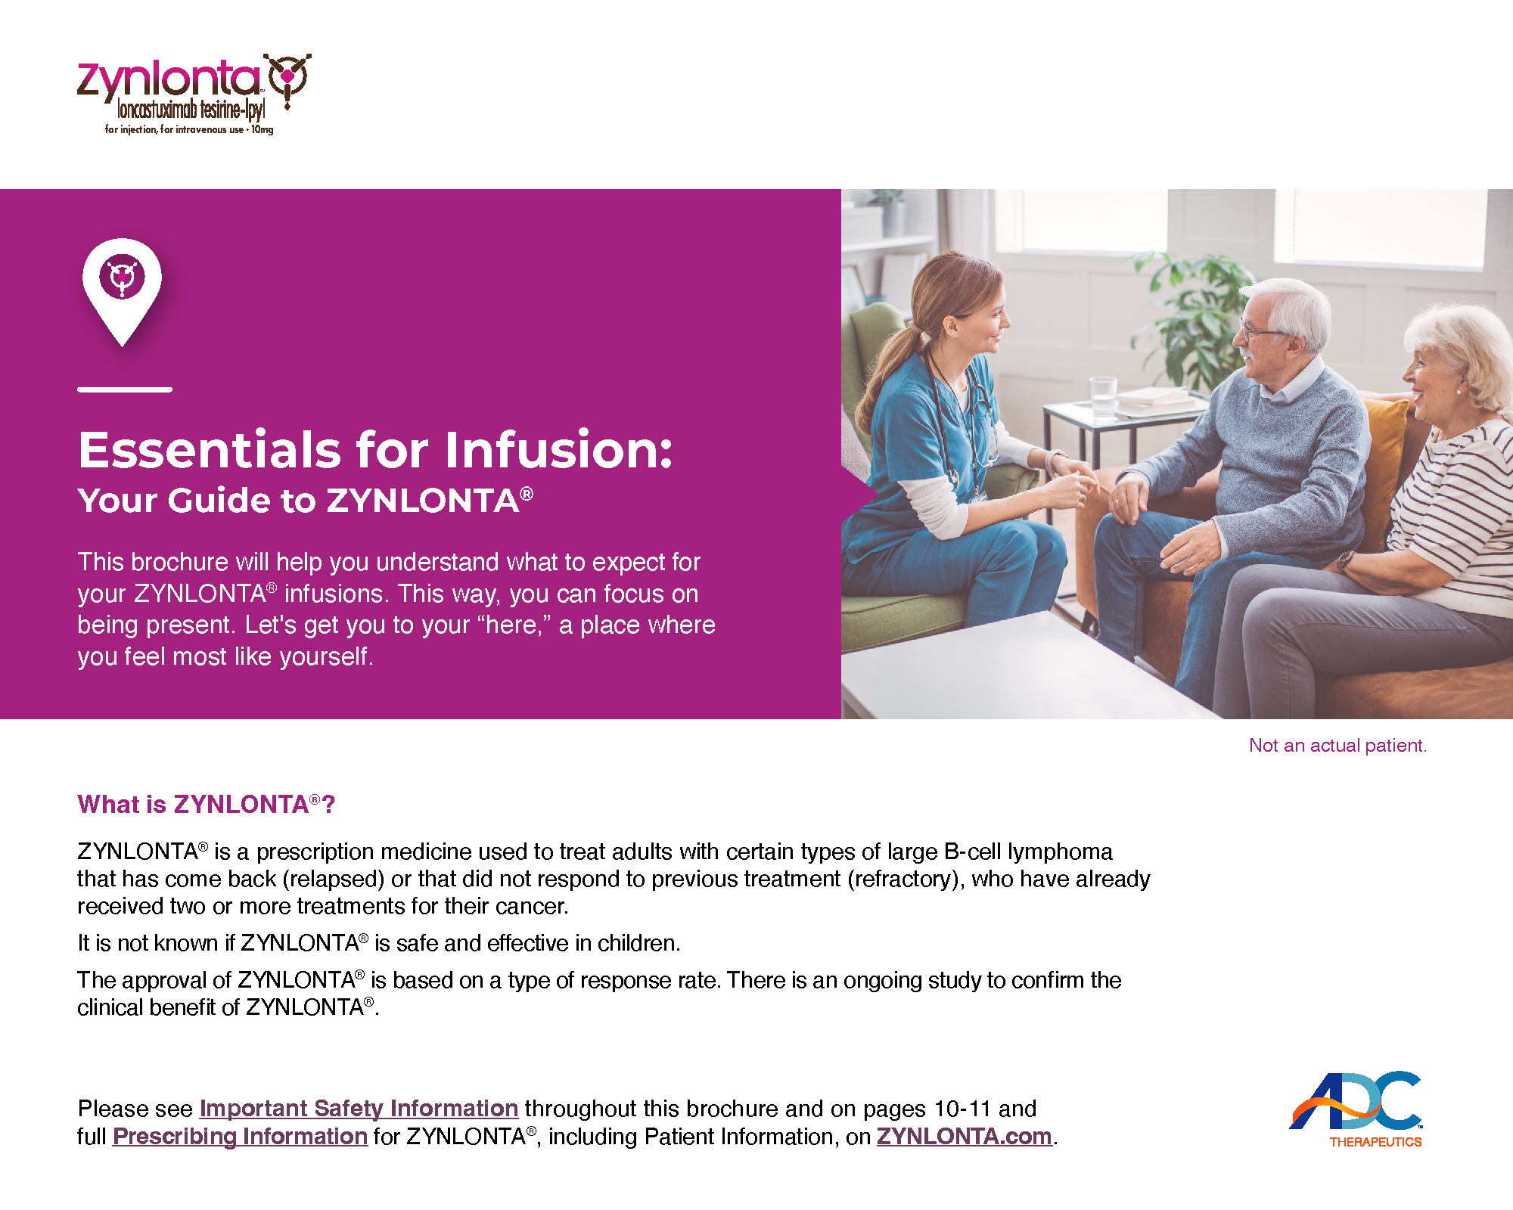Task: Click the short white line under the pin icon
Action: click(x=125, y=389)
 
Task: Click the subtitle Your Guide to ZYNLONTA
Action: click(x=306, y=500)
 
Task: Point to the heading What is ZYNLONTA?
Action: click(x=206, y=804)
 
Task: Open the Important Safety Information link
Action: click(x=359, y=1109)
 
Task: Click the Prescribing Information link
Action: click(x=240, y=1137)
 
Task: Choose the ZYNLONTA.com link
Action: click(x=965, y=1137)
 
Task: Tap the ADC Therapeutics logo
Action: click(x=1356, y=1109)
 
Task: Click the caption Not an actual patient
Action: click(x=1337, y=746)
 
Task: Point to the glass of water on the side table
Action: click(x=1103, y=399)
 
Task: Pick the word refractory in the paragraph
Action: click(x=902, y=879)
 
